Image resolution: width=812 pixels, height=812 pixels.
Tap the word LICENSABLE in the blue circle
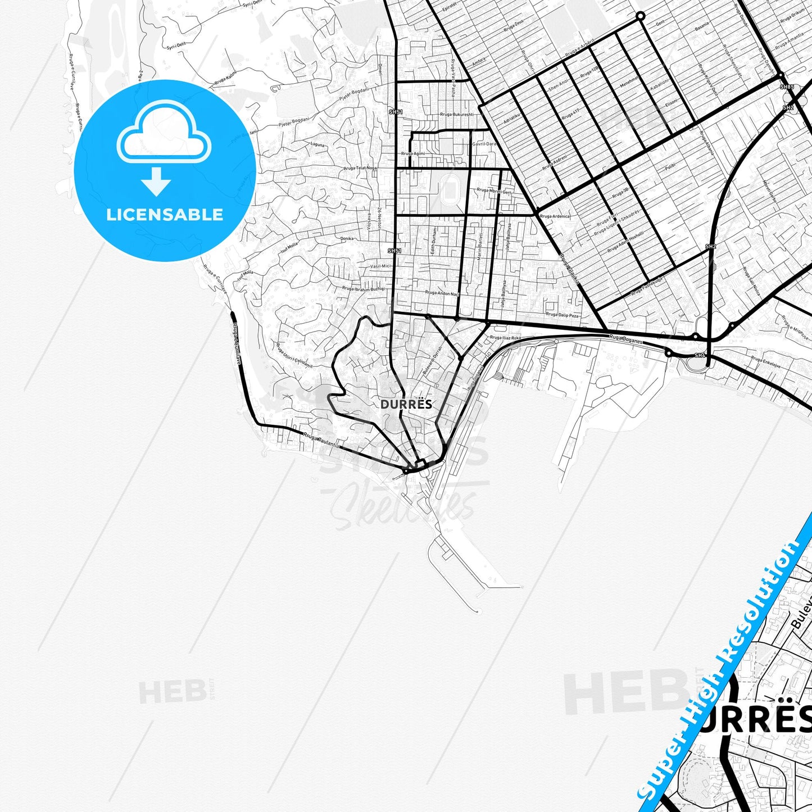(165, 215)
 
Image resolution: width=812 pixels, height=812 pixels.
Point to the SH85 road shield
(787, 87)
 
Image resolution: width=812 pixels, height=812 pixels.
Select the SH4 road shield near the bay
(700, 355)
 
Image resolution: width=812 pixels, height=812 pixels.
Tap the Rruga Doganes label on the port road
(625, 338)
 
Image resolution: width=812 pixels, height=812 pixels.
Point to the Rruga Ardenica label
(555, 216)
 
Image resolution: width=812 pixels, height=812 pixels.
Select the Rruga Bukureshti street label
(457, 115)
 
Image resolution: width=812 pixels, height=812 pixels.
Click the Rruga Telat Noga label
(360, 168)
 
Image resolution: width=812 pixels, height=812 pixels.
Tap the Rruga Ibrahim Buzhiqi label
(364, 288)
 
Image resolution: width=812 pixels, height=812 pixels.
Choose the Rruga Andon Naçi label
(442, 293)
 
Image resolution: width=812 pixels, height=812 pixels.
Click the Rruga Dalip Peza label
(562, 316)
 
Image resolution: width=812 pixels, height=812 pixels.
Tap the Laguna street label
(318, 144)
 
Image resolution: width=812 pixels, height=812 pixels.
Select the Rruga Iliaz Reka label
(505, 338)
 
